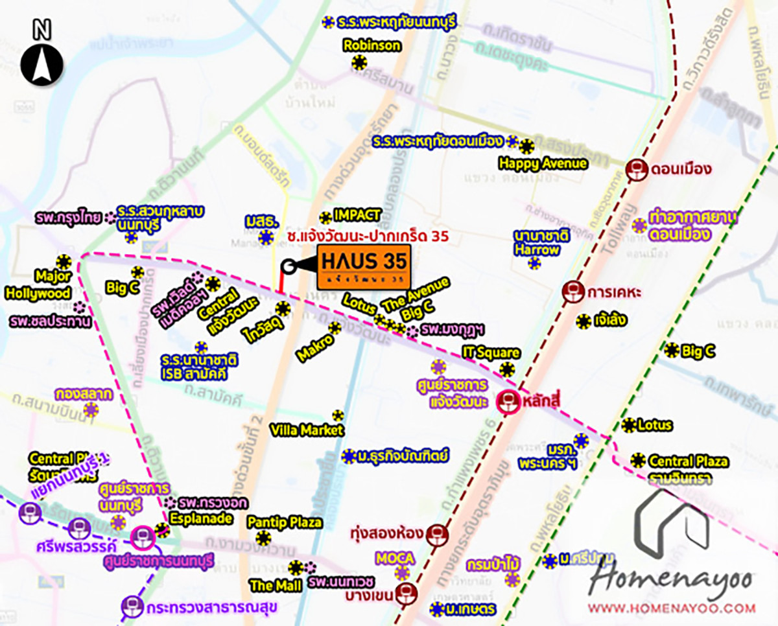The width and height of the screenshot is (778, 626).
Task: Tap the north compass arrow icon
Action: coord(42,60)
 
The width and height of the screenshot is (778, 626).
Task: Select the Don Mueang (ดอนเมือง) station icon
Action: coord(635,170)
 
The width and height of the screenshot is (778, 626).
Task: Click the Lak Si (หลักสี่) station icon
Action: coord(508,402)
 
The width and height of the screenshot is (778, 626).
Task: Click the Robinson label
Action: coord(372,46)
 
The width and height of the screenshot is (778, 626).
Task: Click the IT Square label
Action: coord(491,353)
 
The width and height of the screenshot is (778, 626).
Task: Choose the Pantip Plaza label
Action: coord(285,522)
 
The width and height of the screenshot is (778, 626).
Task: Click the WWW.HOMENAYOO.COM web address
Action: coord(672,608)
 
